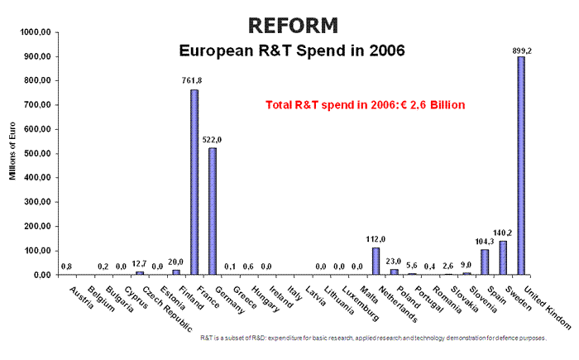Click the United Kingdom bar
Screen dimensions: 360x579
click(522, 166)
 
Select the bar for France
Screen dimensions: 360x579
click(194, 182)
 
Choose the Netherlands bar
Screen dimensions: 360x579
click(376, 261)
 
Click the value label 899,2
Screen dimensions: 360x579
click(522, 50)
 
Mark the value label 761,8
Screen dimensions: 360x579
click(192, 81)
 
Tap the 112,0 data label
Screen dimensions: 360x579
click(376, 239)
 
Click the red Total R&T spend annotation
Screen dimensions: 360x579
click(365, 105)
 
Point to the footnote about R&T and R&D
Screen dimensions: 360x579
click(373, 338)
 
